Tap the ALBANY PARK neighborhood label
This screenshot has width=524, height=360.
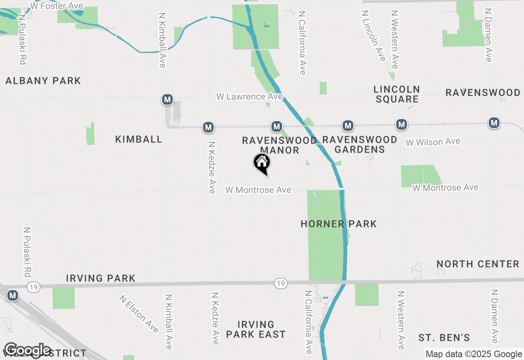pyautogui.click(x=43, y=81)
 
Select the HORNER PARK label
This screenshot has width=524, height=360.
pyautogui.click(x=339, y=224)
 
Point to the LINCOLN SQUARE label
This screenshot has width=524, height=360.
pyautogui.click(x=397, y=94)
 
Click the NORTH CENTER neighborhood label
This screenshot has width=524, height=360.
pyautogui.click(x=478, y=264)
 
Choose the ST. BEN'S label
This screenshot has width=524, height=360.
pyautogui.click(x=444, y=338)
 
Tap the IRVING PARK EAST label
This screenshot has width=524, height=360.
pyautogui.click(x=255, y=330)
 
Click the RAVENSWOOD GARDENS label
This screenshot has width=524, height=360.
pyautogui.click(x=359, y=144)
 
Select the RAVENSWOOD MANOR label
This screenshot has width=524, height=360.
pyautogui.click(x=280, y=145)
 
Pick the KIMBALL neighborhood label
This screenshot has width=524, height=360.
pyautogui.click(x=139, y=139)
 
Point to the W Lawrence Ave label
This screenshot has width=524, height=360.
pyautogui.click(x=250, y=97)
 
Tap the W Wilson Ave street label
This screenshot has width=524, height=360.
pyautogui.click(x=433, y=142)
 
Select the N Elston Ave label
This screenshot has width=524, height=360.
pyautogui.click(x=139, y=314)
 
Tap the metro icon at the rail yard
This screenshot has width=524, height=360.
pyautogui.click(x=167, y=99)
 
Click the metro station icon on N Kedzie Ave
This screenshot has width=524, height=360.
pyautogui.click(x=209, y=127)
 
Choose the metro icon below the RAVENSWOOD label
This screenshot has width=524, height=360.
pyautogui.click(x=494, y=122)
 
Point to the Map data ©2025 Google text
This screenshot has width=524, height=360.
pyautogui.click(x=474, y=354)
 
